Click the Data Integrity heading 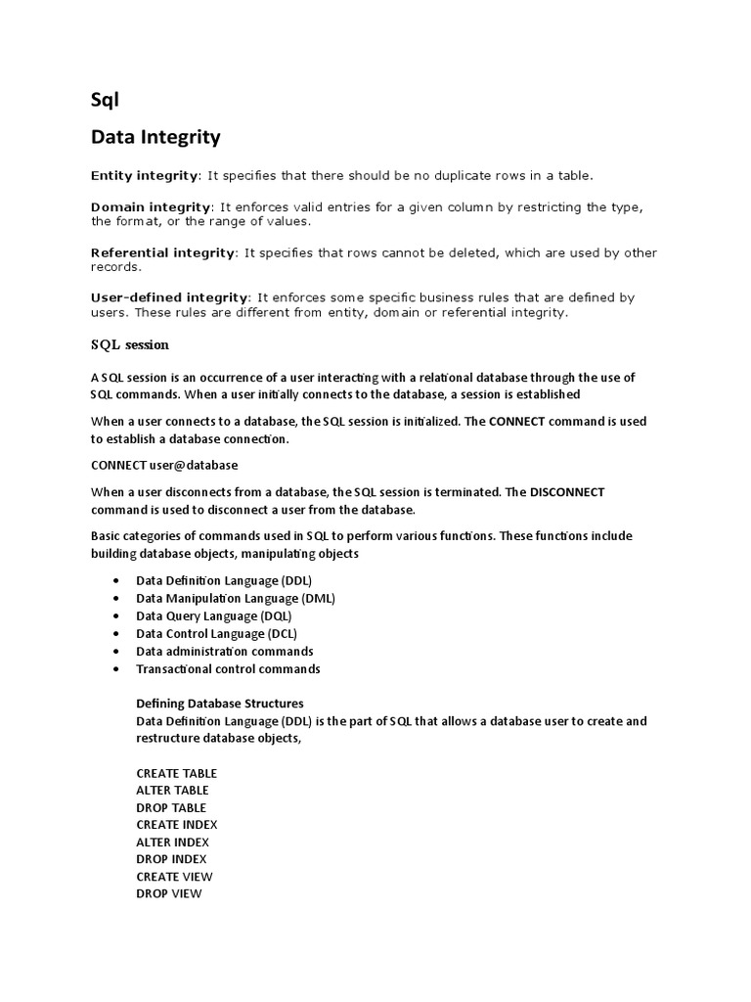(x=155, y=138)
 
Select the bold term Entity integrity (x=144, y=175)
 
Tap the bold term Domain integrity (x=151, y=207)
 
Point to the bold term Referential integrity (x=163, y=252)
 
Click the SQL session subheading (x=130, y=344)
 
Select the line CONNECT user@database (x=164, y=465)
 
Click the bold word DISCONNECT (x=567, y=492)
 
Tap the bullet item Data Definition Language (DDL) (x=224, y=581)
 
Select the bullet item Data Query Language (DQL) (x=213, y=616)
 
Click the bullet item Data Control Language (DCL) (x=217, y=634)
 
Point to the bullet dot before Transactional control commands (x=115, y=669)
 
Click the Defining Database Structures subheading (x=220, y=704)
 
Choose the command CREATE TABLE (x=177, y=773)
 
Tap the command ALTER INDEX (x=172, y=842)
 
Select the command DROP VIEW (x=169, y=893)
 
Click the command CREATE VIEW (x=174, y=876)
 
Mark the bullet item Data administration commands (x=225, y=652)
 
